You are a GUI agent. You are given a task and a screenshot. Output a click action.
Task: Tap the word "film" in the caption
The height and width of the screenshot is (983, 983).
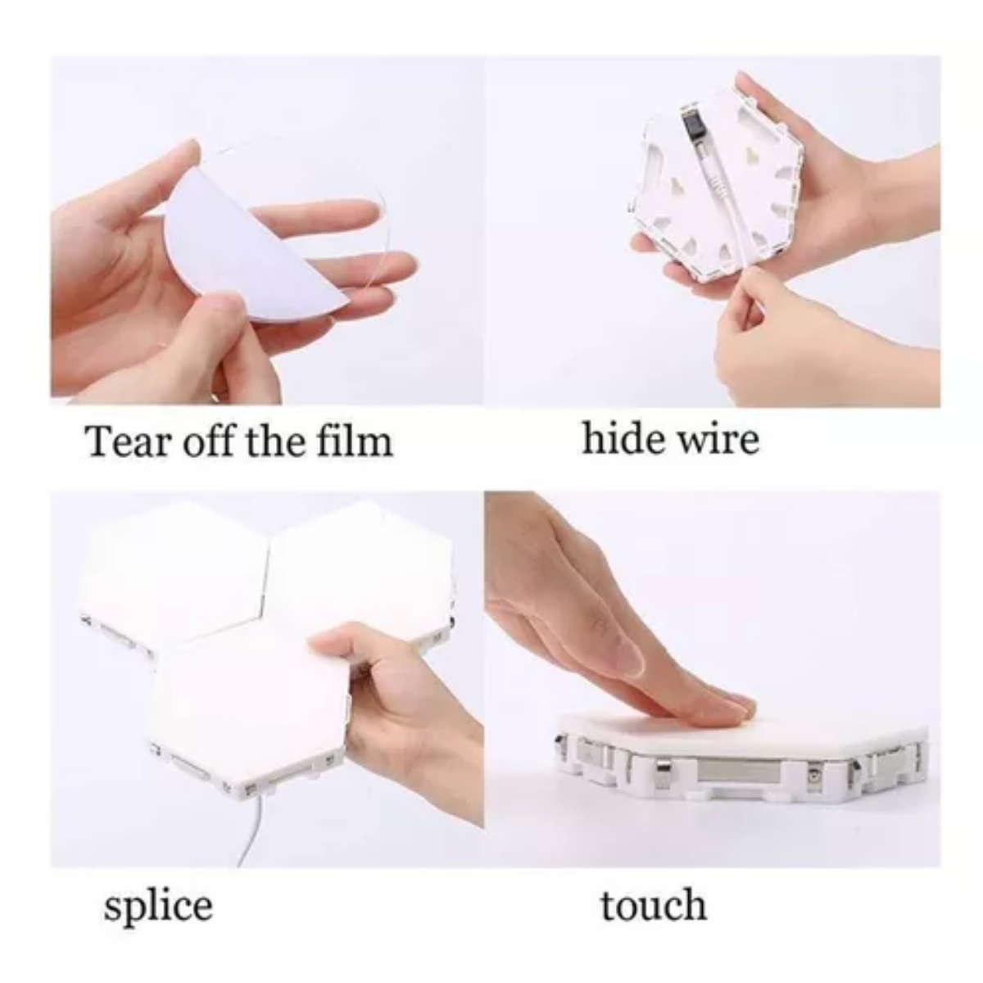[355, 440]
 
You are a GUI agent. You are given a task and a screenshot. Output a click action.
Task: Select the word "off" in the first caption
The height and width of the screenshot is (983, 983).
[211, 440]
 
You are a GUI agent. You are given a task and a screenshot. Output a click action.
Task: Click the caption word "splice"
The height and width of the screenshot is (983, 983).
[158, 905]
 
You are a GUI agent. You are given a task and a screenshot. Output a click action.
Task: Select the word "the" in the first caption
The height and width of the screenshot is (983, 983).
[277, 440]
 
